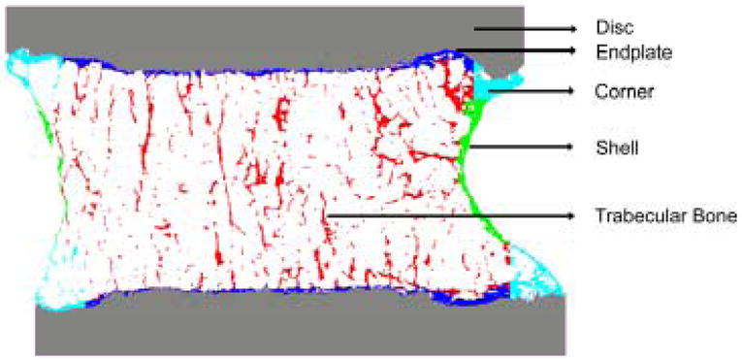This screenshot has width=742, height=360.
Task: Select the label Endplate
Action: tap(623, 50)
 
